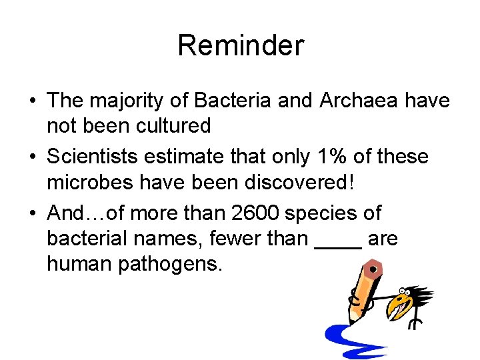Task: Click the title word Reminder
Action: tap(240, 45)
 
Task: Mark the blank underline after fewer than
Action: tap(337, 245)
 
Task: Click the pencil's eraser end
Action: tap(373, 269)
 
